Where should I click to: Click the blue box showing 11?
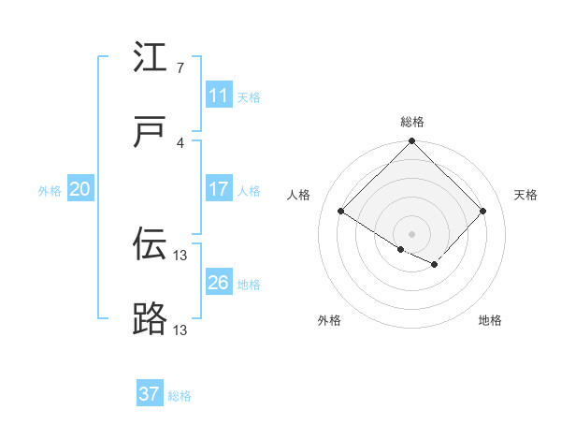[x=219, y=95]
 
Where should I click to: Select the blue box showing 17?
[x=219, y=189]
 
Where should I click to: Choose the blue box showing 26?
[x=219, y=283]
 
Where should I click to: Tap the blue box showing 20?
[x=80, y=189]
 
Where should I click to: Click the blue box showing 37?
[x=150, y=394]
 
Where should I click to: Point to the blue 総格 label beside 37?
[x=180, y=396]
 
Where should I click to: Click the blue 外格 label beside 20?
[x=50, y=191]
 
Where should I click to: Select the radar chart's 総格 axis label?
[x=412, y=122]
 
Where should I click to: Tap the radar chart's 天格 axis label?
[x=525, y=195]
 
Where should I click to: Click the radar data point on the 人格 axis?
[x=341, y=212]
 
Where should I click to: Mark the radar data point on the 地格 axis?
[x=435, y=265]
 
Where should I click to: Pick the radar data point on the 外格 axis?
[x=401, y=249]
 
